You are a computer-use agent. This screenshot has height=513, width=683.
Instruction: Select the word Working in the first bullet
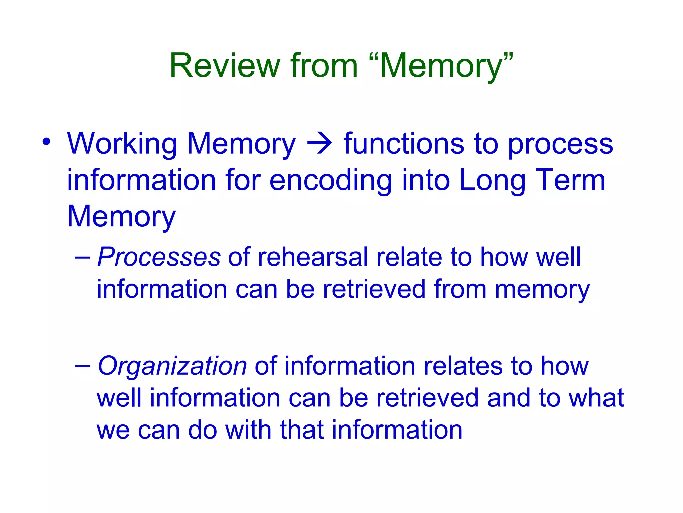122,144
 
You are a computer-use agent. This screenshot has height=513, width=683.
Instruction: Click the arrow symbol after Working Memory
319,144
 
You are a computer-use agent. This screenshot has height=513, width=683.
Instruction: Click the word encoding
330,180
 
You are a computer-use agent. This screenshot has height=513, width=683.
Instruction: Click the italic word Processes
159,257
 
